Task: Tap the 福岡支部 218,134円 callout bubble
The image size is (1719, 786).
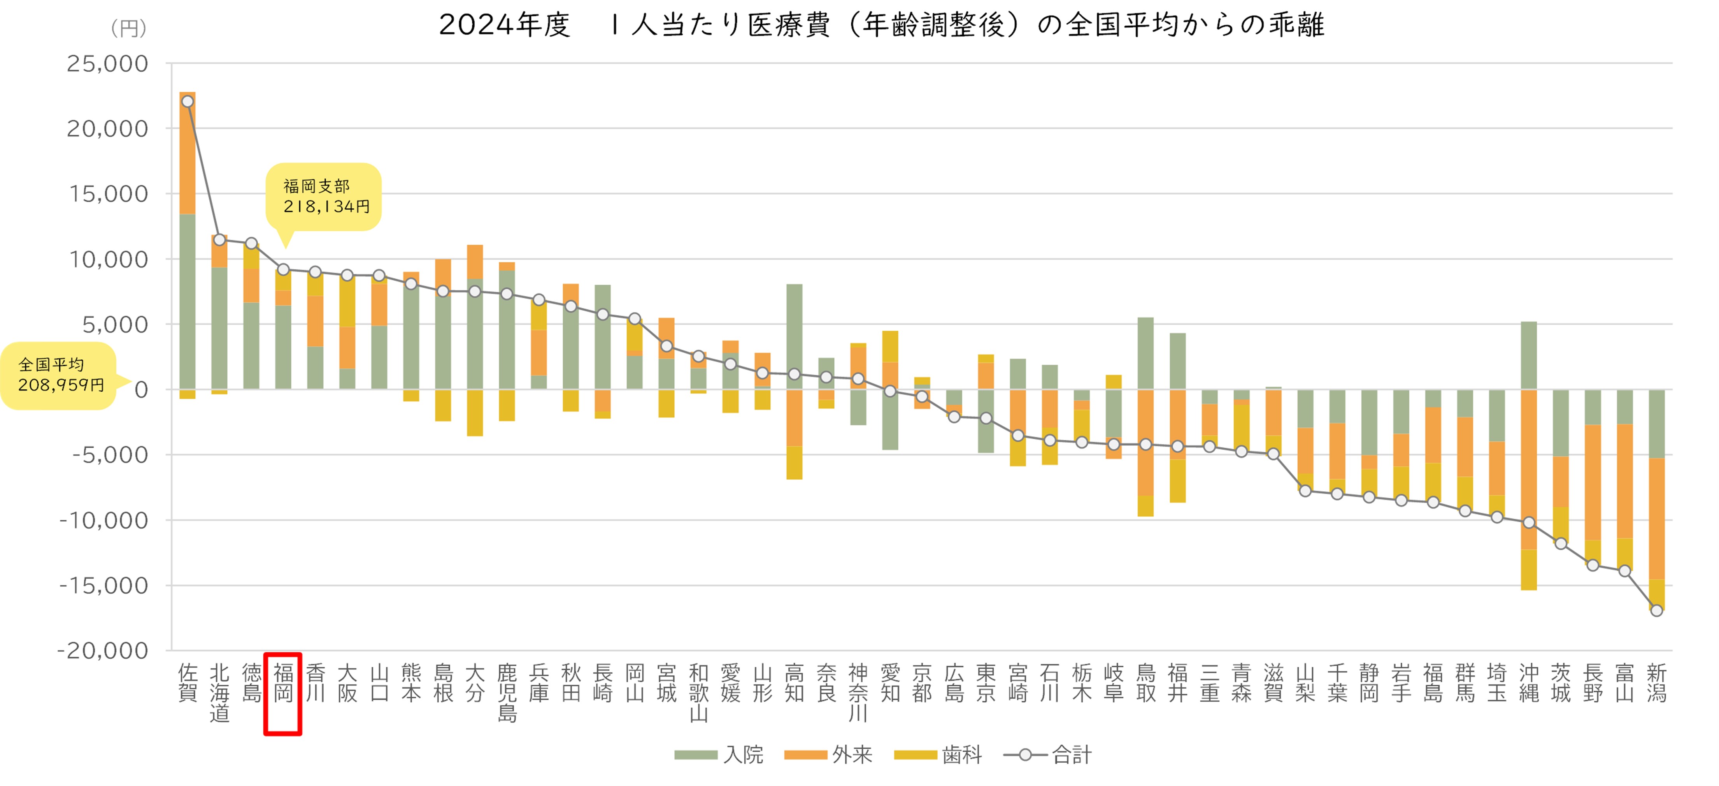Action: pos(324,197)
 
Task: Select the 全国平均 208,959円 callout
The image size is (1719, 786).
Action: pos(60,375)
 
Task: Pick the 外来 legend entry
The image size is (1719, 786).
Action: pos(828,754)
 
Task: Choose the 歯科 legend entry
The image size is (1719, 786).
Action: pos(938,754)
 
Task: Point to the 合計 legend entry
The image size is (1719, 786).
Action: pos(1048,754)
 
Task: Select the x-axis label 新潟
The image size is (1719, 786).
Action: pos(1656,682)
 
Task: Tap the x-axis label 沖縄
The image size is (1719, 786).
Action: pos(1529,682)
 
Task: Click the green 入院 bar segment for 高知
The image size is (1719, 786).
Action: pos(794,337)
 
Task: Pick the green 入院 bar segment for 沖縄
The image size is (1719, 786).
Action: pos(1529,355)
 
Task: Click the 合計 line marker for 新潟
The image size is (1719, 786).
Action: pos(1656,610)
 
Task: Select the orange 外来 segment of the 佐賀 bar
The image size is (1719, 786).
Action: pos(188,153)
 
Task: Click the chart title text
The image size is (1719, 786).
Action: pos(882,25)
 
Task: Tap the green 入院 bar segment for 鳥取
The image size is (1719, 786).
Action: pos(1145,353)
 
